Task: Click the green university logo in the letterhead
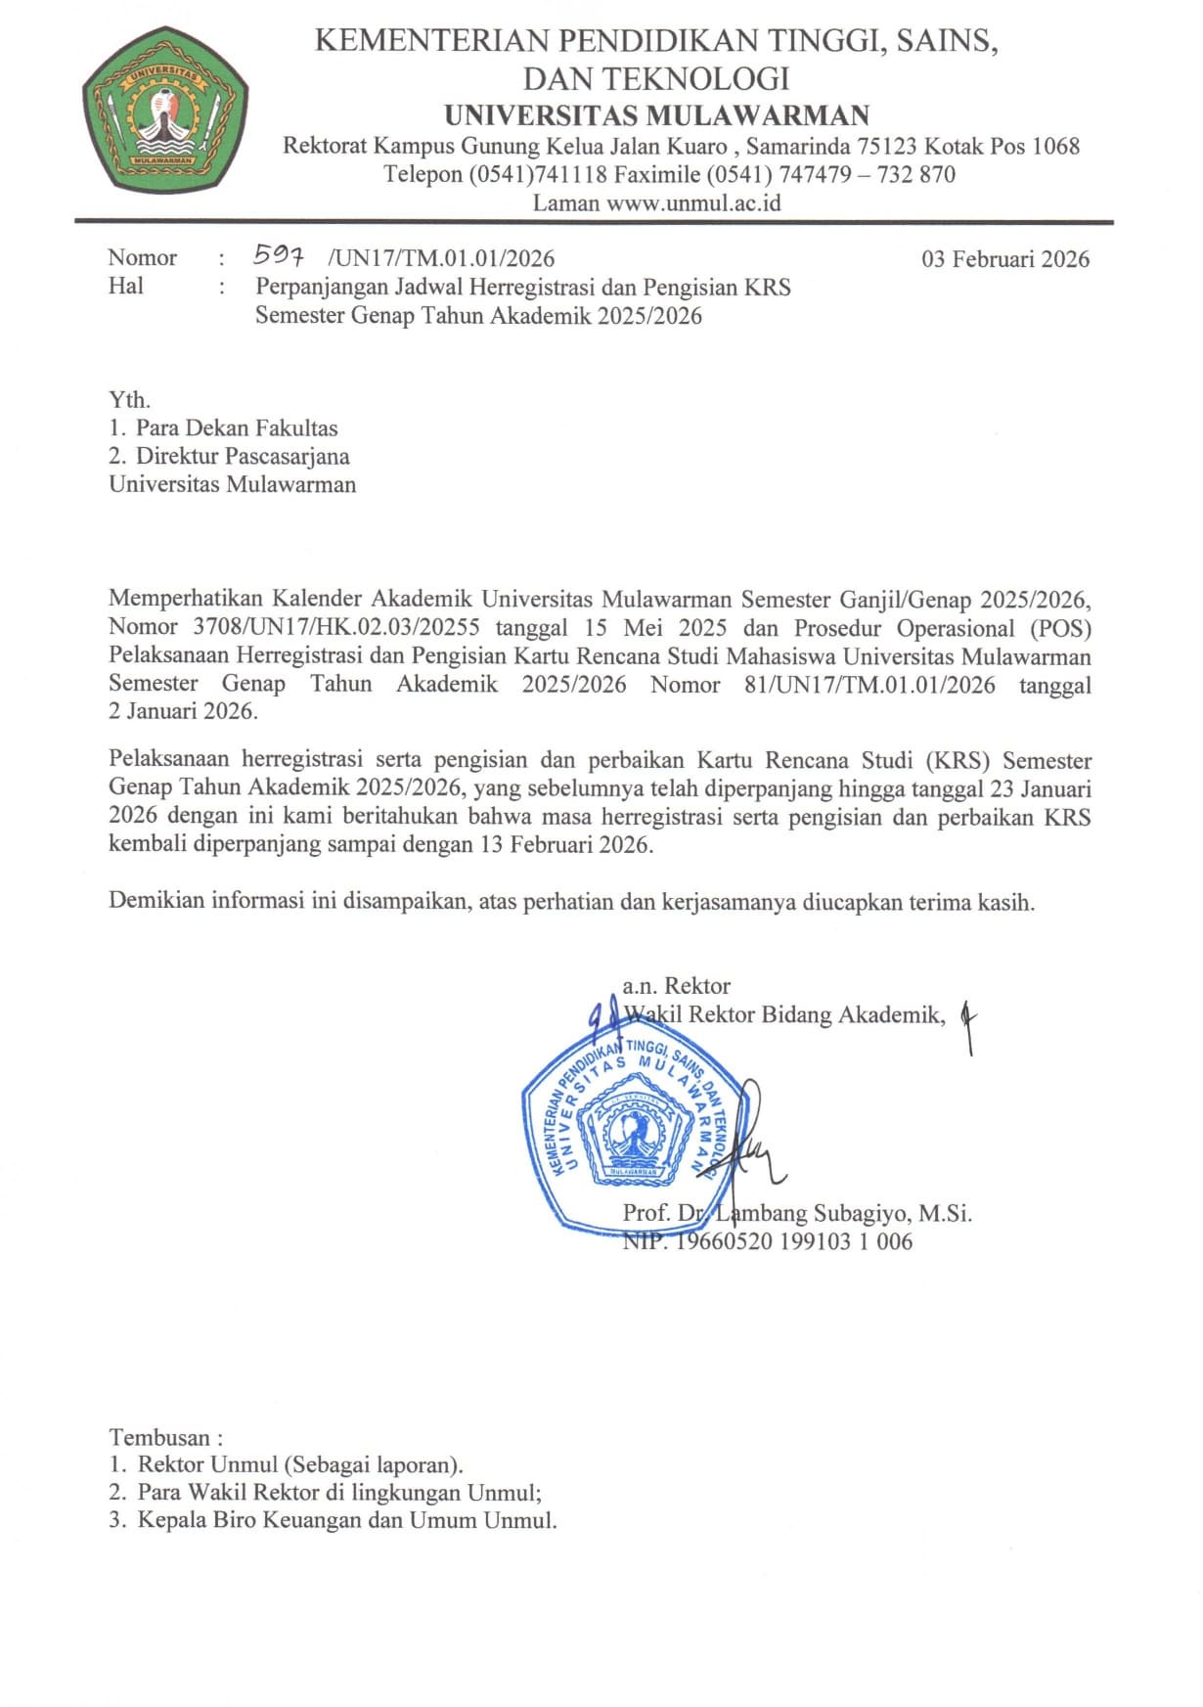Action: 164,114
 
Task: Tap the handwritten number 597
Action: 279,256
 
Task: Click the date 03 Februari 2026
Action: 1004,258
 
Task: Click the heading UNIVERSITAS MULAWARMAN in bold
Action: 656,115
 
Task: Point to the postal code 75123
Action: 887,147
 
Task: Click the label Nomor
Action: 142,258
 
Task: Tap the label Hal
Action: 125,286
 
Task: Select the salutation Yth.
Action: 129,399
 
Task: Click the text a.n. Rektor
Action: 676,985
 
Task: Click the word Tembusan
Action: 159,1437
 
